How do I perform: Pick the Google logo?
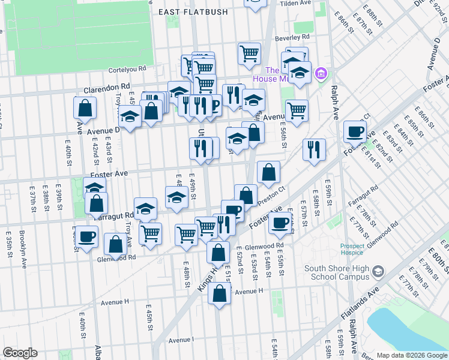[20, 353]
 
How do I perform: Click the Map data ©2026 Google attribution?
[412, 354]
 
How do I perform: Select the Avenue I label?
[181, 340]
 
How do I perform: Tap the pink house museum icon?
[322, 74]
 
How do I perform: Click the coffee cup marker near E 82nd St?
[355, 131]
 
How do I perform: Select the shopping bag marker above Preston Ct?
[268, 172]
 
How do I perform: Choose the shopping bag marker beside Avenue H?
[220, 293]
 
